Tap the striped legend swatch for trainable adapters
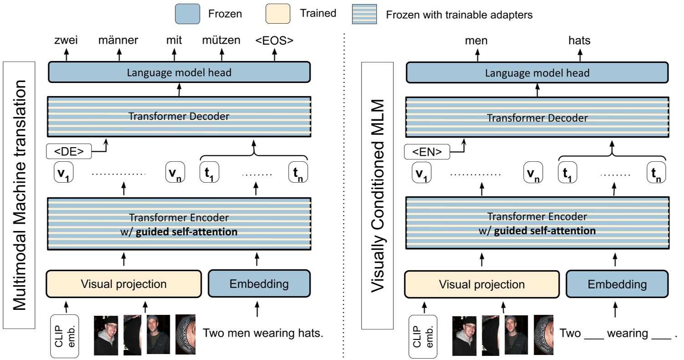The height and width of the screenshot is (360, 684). [364, 14]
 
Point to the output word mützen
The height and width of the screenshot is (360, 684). [221, 41]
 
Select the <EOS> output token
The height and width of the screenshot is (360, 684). [274, 41]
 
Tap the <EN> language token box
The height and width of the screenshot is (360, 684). [427, 152]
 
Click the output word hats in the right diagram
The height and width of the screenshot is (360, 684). [579, 41]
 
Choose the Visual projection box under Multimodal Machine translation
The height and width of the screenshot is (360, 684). [123, 284]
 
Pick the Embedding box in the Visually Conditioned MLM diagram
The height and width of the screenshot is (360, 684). [617, 284]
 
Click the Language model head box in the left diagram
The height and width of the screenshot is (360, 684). [179, 72]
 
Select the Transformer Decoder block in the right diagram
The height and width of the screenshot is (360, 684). [537, 117]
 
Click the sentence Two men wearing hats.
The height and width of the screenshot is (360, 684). [263, 333]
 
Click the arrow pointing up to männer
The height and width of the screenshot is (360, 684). [119, 55]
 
